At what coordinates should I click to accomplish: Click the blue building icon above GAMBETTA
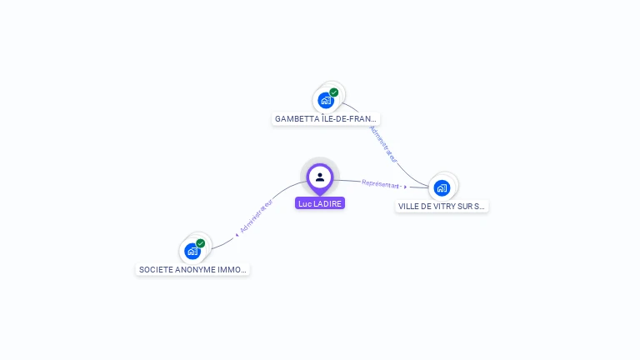tap(326, 101)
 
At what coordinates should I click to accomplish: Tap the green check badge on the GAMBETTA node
tap(334, 92)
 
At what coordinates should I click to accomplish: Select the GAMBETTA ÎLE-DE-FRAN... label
tap(326, 119)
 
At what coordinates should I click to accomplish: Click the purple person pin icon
tap(320, 177)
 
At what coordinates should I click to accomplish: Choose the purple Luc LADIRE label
tap(320, 203)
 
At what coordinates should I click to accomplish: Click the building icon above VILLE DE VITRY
tap(442, 187)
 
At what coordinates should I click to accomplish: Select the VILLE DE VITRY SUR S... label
tap(442, 206)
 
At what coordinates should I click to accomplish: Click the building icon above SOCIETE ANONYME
tap(192, 251)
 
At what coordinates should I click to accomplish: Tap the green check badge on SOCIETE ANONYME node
tap(201, 243)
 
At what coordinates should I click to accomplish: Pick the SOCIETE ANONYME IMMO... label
tap(192, 270)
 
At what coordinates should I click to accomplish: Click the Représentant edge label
tap(381, 183)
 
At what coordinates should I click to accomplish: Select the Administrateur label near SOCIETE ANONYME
tap(257, 216)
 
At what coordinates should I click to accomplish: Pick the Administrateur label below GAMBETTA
tap(383, 144)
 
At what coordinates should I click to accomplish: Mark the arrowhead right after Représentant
tap(406, 187)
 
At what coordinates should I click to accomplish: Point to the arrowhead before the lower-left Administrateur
tap(237, 235)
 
